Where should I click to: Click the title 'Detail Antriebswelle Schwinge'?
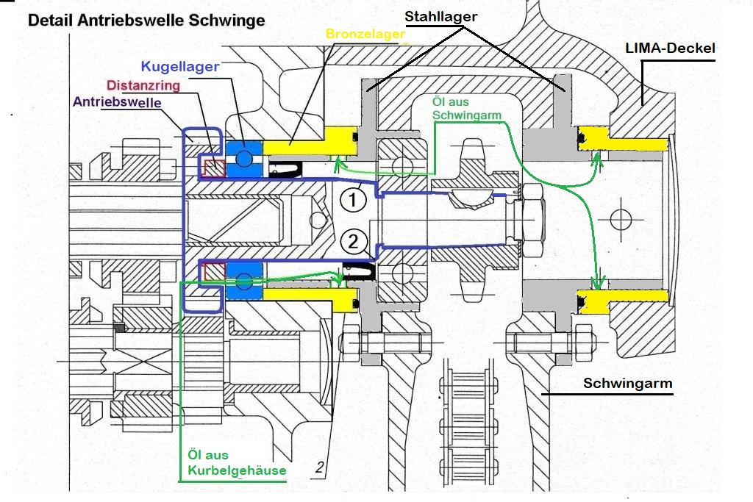(146, 20)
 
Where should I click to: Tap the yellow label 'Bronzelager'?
(365, 34)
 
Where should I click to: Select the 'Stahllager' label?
(441, 17)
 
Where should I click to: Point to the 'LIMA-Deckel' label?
(671, 48)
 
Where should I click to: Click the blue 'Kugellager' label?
(180, 67)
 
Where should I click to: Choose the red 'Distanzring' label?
(143, 85)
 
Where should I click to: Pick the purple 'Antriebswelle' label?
(117, 102)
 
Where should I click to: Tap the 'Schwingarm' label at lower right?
(628, 384)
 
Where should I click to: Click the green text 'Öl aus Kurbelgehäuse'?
(237, 462)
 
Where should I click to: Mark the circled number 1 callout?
(353, 199)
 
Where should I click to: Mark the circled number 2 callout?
(353, 241)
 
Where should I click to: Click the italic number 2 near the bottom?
(320, 467)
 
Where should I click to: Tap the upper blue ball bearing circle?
(244, 158)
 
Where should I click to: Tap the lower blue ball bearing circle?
(244, 280)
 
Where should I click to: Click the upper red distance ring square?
(214, 168)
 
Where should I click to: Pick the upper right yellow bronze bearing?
(622, 139)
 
